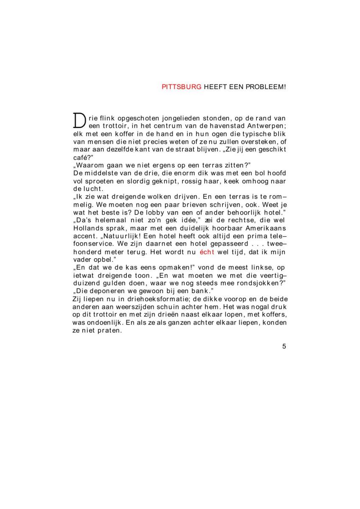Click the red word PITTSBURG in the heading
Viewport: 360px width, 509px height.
pos(181,87)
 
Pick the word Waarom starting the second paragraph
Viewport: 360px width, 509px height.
pos(88,165)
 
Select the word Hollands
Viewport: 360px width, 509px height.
pos(86,227)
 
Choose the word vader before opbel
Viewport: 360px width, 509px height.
pos(82,259)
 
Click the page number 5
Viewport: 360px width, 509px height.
pos(284,347)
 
